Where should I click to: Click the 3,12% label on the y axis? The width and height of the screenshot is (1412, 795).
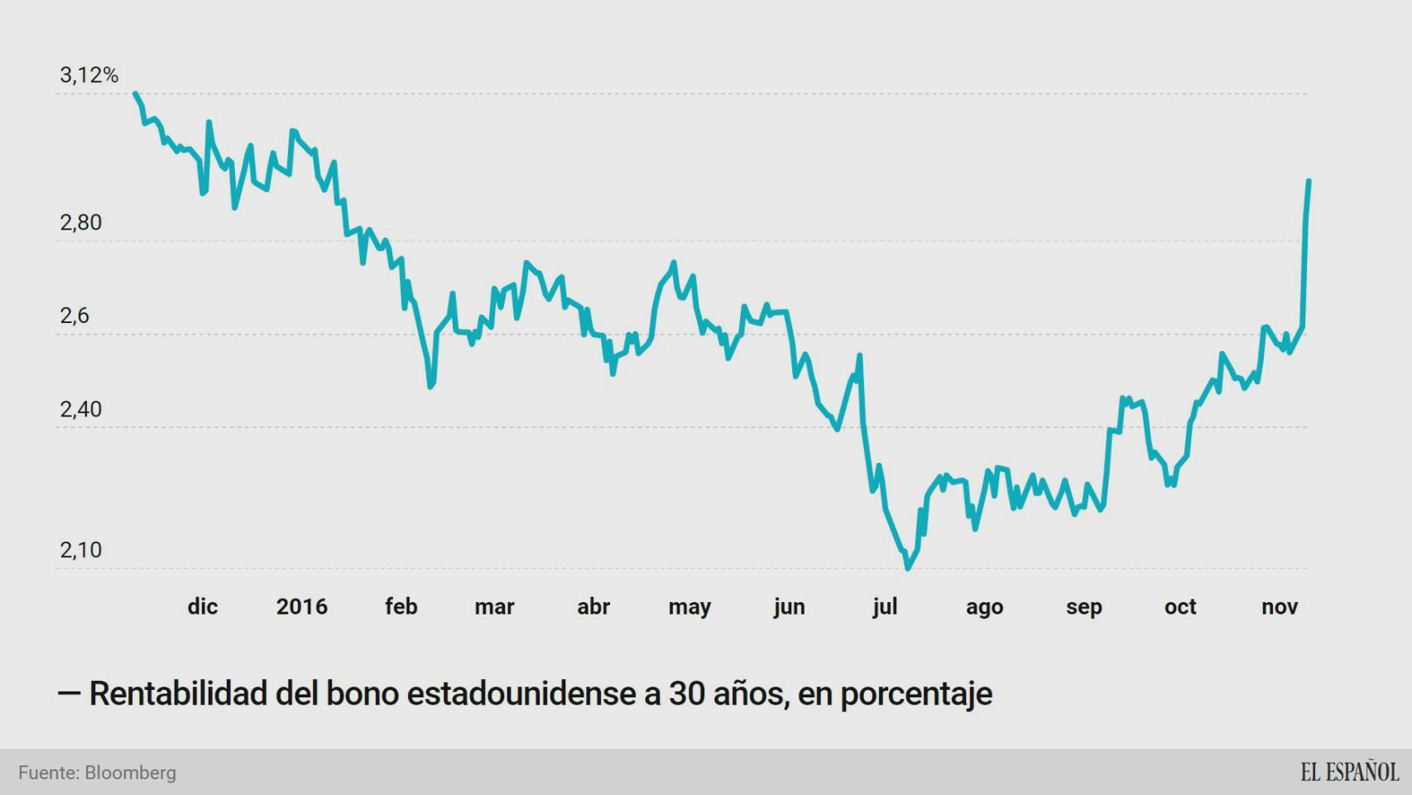(x=89, y=75)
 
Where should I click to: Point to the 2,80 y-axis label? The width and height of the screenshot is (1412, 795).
(x=80, y=223)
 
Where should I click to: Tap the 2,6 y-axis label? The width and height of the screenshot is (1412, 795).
(x=74, y=316)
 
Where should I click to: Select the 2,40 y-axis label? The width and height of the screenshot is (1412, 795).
(x=80, y=409)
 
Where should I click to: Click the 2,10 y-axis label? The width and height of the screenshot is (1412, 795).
(x=80, y=550)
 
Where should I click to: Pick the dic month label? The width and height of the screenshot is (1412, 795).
(x=202, y=606)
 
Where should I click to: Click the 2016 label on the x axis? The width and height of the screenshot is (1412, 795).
(x=301, y=606)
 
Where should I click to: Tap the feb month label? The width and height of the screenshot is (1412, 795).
(x=401, y=606)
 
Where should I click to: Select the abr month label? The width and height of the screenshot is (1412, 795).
(x=593, y=606)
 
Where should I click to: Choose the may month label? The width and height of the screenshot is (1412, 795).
(x=689, y=607)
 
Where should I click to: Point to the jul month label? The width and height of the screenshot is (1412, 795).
(x=884, y=607)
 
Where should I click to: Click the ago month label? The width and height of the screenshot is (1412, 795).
(x=984, y=607)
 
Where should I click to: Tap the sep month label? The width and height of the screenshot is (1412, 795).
(x=1083, y=607)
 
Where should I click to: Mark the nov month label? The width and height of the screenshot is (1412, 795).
(x=1279, y=606)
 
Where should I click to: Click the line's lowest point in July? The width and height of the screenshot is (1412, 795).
(x=908, y=568)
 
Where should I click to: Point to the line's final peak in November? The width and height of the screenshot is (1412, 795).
(x=1309, y=181)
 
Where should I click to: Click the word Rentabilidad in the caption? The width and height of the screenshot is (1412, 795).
(x=177, y=693)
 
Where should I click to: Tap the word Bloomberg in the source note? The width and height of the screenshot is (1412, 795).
(x=130, y=773)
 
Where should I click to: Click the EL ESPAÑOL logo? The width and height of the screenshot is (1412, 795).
(x=1349, y=772)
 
